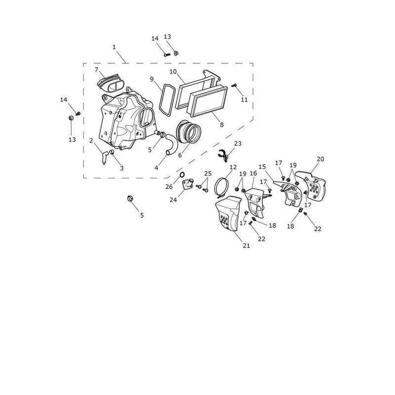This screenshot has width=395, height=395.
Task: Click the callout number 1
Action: click(114, 47)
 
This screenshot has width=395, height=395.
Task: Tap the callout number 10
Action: click(173, 72)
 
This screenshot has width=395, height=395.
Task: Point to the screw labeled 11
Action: click(235, 85)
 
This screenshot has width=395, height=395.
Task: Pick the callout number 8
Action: click(222, 124)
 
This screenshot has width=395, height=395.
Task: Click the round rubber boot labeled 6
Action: click(189, 132)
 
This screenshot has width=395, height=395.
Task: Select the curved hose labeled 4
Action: click(171, 144)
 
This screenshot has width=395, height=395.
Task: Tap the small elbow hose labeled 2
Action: click(105, 157)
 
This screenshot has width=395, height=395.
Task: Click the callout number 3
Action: click(122, 168)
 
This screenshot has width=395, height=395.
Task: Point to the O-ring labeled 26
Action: click(182, 174)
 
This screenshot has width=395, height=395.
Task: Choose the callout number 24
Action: click(173, 200)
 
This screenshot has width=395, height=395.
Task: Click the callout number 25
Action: click(208, 174)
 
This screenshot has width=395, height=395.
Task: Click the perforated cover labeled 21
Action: click(228, 213)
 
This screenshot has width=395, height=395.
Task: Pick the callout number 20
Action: click(320, 159)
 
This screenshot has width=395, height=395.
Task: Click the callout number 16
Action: click(253, 173)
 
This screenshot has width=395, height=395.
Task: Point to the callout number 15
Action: click(262, 166)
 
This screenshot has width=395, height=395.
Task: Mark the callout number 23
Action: click(238, 143)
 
